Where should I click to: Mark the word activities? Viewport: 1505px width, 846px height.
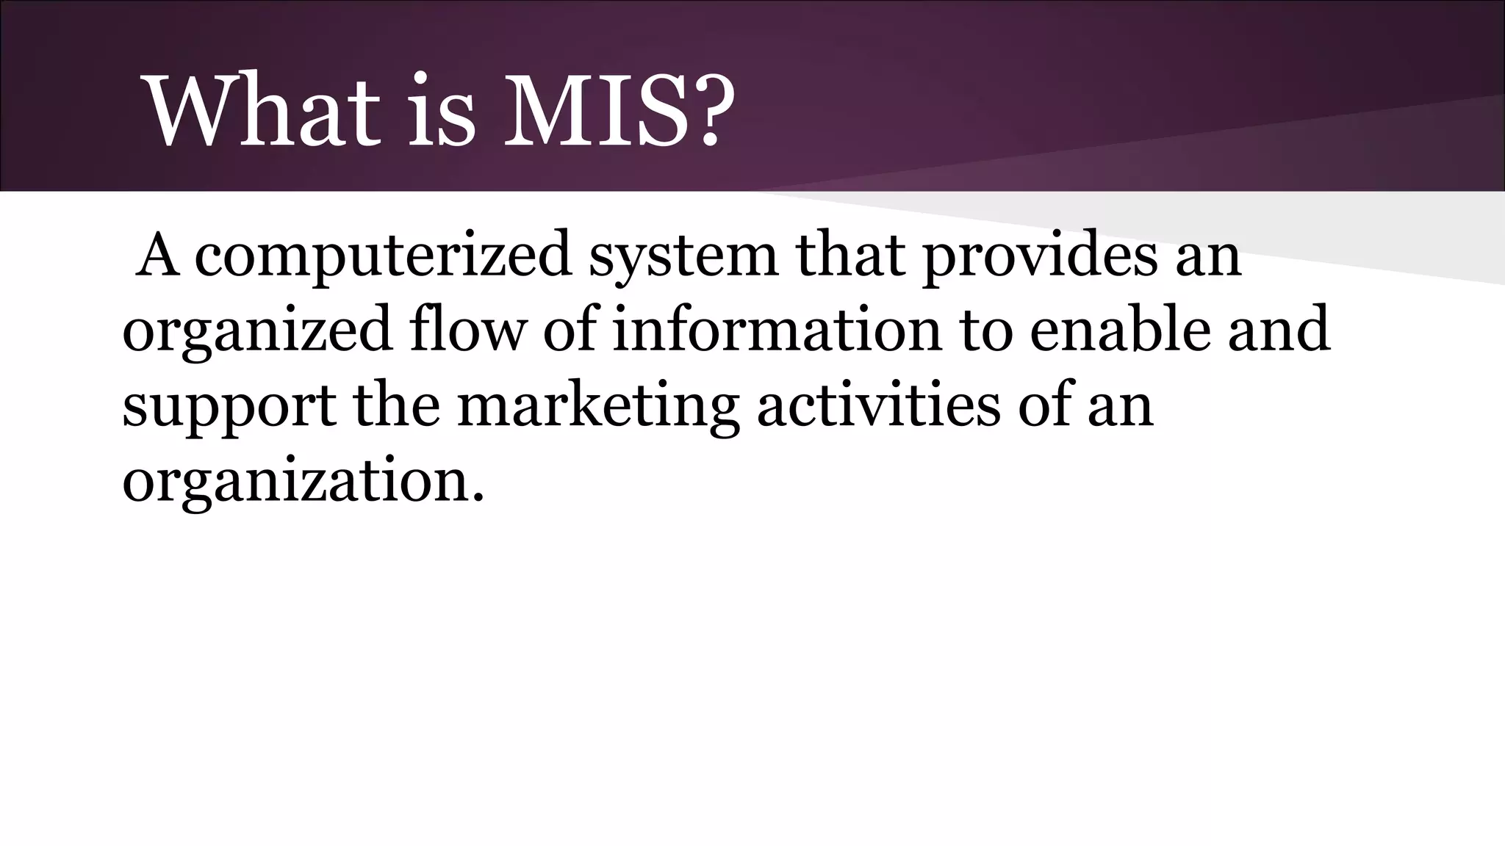[x=878, y=405]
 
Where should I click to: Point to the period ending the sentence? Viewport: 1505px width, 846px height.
[x=479, y=499]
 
